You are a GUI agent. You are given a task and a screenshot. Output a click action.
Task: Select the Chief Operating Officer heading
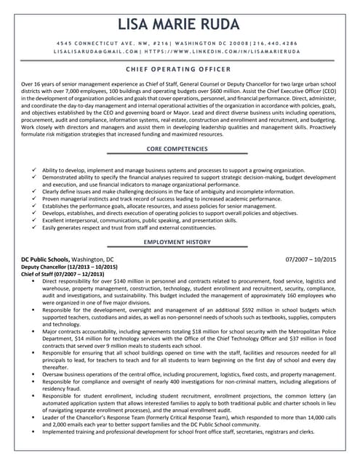[x=180, y=69]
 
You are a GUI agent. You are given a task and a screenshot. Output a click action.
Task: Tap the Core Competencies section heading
[x=180, y=149]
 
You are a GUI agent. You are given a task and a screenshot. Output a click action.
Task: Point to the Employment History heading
[x=180, y=241]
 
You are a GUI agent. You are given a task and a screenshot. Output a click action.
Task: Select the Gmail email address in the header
[x=95, y=52]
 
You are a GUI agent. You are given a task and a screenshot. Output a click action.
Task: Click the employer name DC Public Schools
[x=49, y=259]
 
